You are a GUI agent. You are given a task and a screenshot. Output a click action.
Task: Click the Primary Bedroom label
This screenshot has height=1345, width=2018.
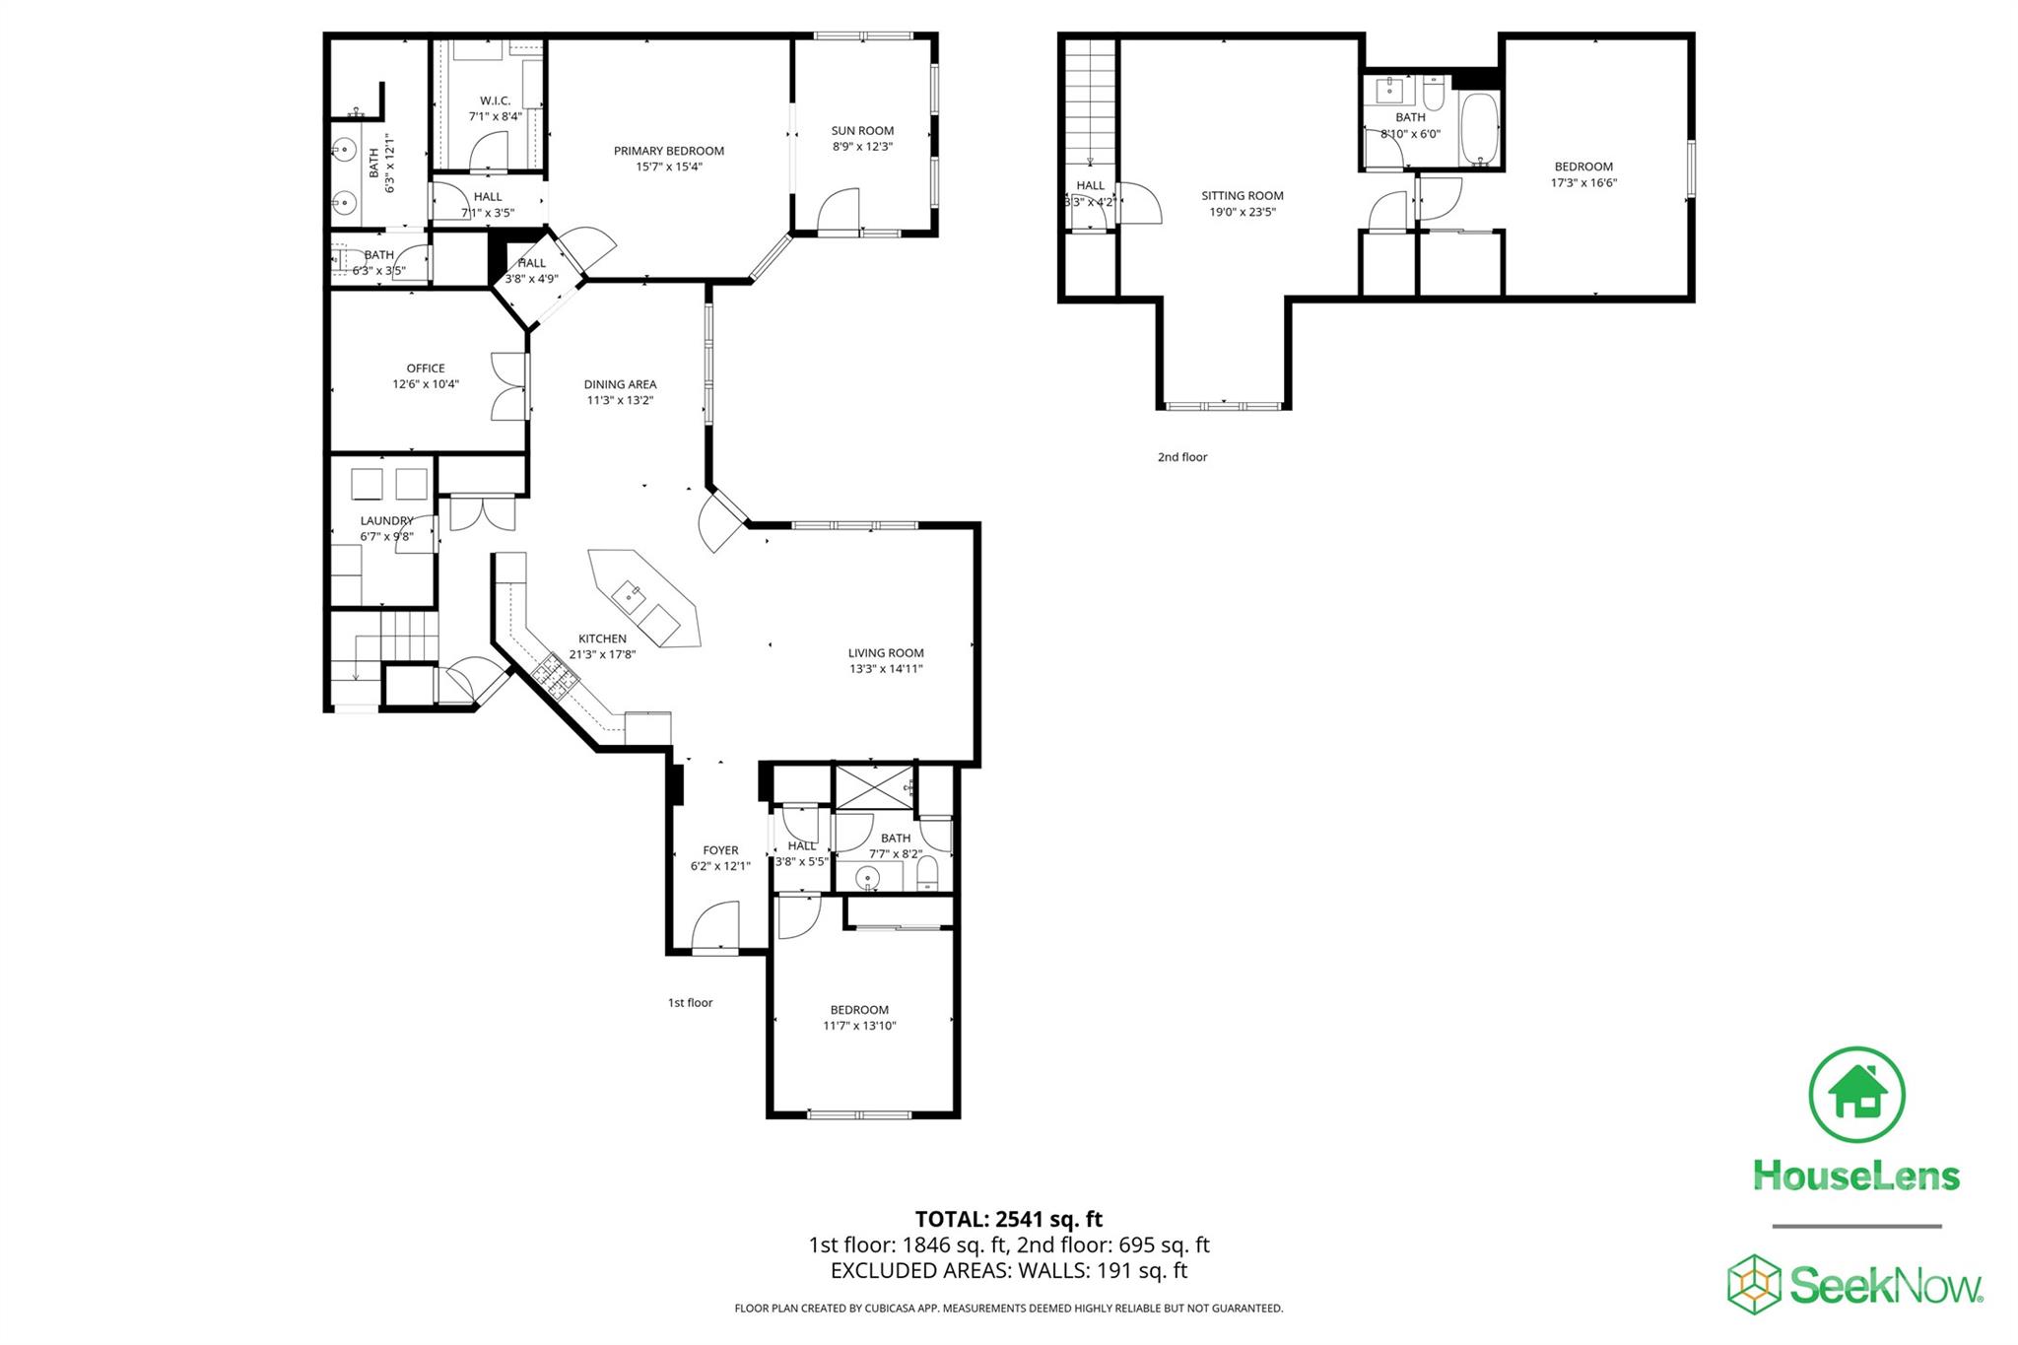pos(668,151)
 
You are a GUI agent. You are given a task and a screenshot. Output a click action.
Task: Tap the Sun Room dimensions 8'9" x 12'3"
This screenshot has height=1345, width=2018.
pos(862,147)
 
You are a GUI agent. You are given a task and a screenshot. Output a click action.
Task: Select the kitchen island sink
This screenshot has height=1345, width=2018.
pos(629,595)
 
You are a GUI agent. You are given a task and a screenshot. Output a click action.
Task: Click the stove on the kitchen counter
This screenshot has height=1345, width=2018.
pos(554,678)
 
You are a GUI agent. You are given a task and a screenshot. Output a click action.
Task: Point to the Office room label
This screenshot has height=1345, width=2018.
pos(426,369)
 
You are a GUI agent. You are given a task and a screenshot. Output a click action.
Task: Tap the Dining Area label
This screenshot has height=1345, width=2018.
pos(620,384)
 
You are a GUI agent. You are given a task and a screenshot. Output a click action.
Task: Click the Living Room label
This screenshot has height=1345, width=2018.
pos(886,652)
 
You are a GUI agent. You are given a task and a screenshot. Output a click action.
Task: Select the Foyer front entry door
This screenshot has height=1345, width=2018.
pos(716,930)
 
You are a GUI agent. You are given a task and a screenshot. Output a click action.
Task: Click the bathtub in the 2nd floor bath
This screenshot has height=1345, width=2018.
pos(1478,128)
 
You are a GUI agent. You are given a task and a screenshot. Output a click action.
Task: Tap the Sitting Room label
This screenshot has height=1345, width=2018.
pos(1242,195)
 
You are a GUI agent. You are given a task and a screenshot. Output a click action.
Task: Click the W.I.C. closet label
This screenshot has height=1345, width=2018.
pos(495,101)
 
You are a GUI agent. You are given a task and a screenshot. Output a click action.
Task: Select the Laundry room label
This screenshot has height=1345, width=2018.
pos(386,520)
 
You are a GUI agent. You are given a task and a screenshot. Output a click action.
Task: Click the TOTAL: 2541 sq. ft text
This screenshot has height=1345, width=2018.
pos(1008,1219)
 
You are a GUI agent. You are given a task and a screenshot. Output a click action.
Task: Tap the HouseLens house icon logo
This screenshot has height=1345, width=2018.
pos(1856,1095)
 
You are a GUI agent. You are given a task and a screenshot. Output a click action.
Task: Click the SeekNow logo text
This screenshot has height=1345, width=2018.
pos(1884,1286)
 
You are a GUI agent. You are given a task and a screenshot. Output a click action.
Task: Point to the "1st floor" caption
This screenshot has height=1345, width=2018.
pos(690,1002)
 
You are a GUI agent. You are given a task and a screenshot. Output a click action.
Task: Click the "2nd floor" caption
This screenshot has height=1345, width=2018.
pos(1181,457)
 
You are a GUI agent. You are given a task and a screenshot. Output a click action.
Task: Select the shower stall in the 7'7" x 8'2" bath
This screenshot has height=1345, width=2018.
pos(873,786)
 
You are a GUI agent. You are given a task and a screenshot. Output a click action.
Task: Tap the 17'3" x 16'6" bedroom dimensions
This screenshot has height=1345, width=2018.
pos(1583,182)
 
